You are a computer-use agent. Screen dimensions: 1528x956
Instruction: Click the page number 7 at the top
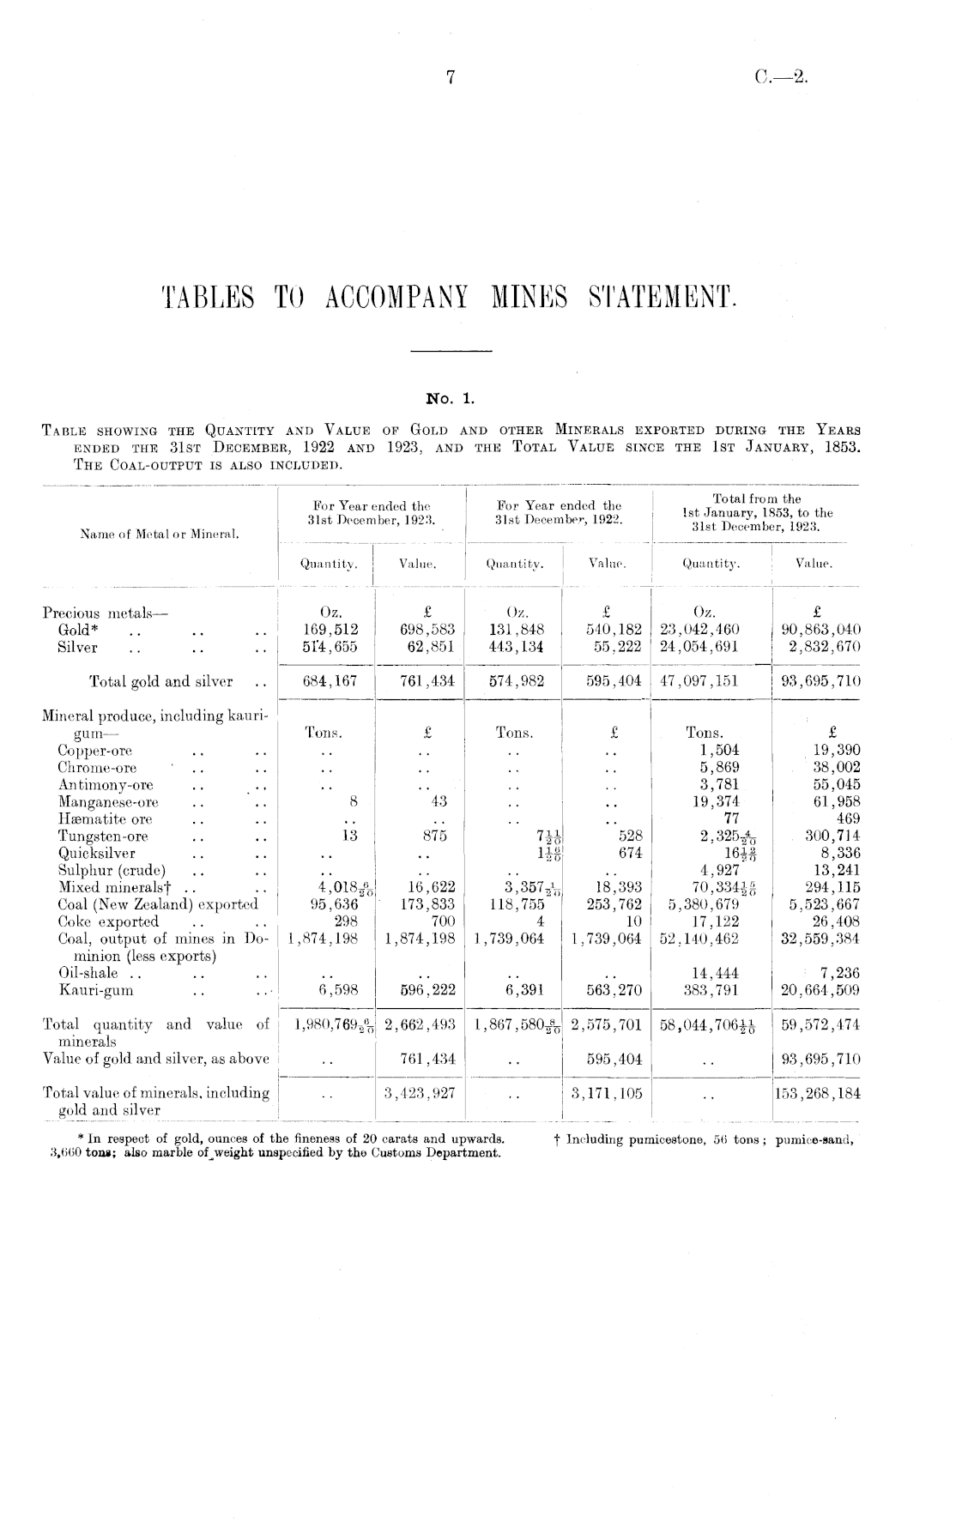449,78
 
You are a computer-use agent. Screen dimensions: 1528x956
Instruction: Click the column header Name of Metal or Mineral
142,534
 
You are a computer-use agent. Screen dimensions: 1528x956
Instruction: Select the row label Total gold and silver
160,682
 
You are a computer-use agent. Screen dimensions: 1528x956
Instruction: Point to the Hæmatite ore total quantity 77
731,818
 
